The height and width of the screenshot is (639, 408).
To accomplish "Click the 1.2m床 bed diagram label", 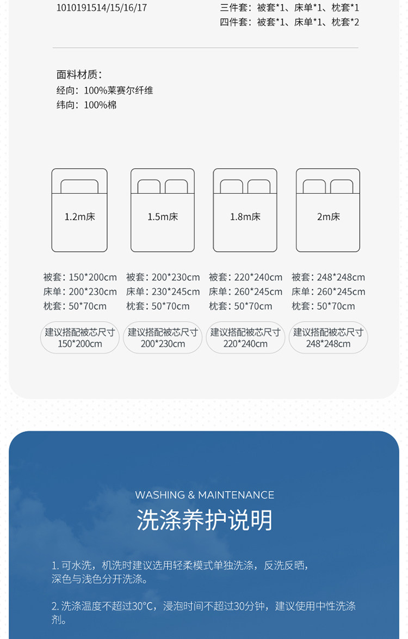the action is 79,217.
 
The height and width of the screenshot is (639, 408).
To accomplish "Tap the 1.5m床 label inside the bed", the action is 163,217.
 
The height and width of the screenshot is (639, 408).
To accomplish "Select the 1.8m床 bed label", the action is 245,217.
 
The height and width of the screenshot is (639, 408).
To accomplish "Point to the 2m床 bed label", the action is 328,217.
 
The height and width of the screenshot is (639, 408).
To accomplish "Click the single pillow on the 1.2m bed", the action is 79,186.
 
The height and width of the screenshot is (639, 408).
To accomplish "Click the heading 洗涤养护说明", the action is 204,520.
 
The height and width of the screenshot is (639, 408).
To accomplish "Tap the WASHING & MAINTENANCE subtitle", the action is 204,495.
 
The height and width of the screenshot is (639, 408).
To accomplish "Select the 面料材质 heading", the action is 79,75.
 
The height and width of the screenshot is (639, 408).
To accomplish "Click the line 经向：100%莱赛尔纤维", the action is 104,90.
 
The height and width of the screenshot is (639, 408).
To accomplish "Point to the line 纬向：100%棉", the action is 86,105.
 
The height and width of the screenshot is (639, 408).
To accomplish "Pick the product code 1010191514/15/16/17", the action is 102,8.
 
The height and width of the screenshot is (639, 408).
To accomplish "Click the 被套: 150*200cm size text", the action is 80,277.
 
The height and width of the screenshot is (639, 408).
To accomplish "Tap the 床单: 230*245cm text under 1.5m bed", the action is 163,292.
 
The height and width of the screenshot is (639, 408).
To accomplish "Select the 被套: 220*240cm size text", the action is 245,277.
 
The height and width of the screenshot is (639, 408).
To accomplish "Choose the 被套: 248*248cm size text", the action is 328,277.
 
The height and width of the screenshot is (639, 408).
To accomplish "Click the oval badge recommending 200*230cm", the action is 163,337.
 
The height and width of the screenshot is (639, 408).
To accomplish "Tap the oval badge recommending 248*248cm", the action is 328,337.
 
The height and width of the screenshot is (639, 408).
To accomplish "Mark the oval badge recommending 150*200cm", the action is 80,337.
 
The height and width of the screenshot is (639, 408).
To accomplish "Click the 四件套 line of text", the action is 289,22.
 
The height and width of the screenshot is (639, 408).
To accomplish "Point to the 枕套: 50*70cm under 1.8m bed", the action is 240,306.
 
